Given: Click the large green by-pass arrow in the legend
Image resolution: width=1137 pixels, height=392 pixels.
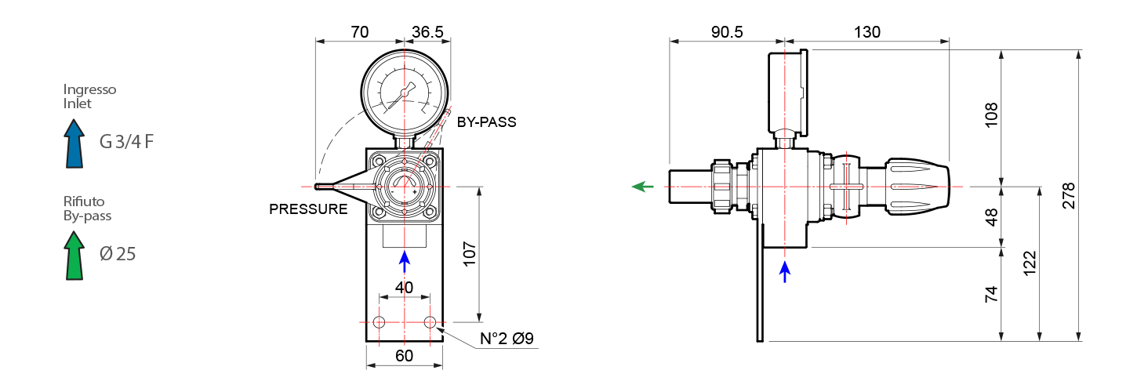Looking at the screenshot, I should click(74, 255).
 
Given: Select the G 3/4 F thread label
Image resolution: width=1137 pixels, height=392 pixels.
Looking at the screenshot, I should click(126, 142).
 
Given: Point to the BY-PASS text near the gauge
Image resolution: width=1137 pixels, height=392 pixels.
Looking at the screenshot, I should click(487, 122).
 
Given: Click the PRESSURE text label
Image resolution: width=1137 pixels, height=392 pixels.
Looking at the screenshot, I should click(308, 209).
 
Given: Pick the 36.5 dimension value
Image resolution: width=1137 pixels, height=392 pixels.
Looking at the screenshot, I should click(428, 32).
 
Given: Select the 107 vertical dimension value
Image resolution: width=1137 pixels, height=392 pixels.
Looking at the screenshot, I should click(470, 254).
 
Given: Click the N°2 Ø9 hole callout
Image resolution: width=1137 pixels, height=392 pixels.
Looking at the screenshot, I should click(507, 339).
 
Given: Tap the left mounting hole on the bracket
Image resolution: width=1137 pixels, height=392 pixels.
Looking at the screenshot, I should click(380, 322).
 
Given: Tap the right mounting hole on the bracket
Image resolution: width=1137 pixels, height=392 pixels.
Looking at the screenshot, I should click(430, 322).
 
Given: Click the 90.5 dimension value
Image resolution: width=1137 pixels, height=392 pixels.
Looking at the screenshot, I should click(726, 32).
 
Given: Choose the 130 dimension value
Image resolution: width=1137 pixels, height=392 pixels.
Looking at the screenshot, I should click(866, 32).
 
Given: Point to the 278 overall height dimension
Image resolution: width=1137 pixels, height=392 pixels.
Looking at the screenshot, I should click(1069, 196).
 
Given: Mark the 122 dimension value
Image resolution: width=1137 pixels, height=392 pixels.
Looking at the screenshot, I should click(1030, 263).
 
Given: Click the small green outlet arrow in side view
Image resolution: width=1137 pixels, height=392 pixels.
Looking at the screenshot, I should click(643, 187).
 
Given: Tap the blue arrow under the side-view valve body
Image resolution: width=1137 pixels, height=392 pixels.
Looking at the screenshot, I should click(785, 271).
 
